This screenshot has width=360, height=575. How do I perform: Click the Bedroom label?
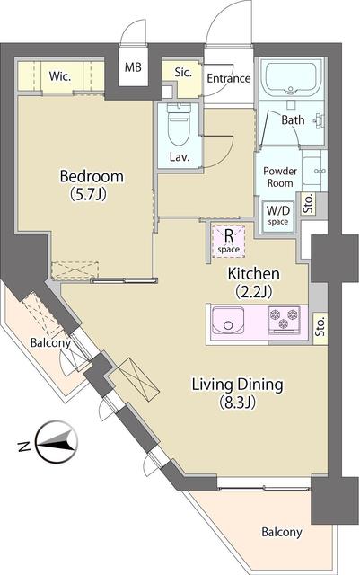pos(91,176)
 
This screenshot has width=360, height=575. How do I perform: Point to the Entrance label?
pos(228,78)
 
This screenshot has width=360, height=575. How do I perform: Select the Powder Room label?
pos(280,176)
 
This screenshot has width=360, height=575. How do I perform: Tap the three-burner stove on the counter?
pos(287,319)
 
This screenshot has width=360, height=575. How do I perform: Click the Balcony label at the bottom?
pos(282,532)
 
